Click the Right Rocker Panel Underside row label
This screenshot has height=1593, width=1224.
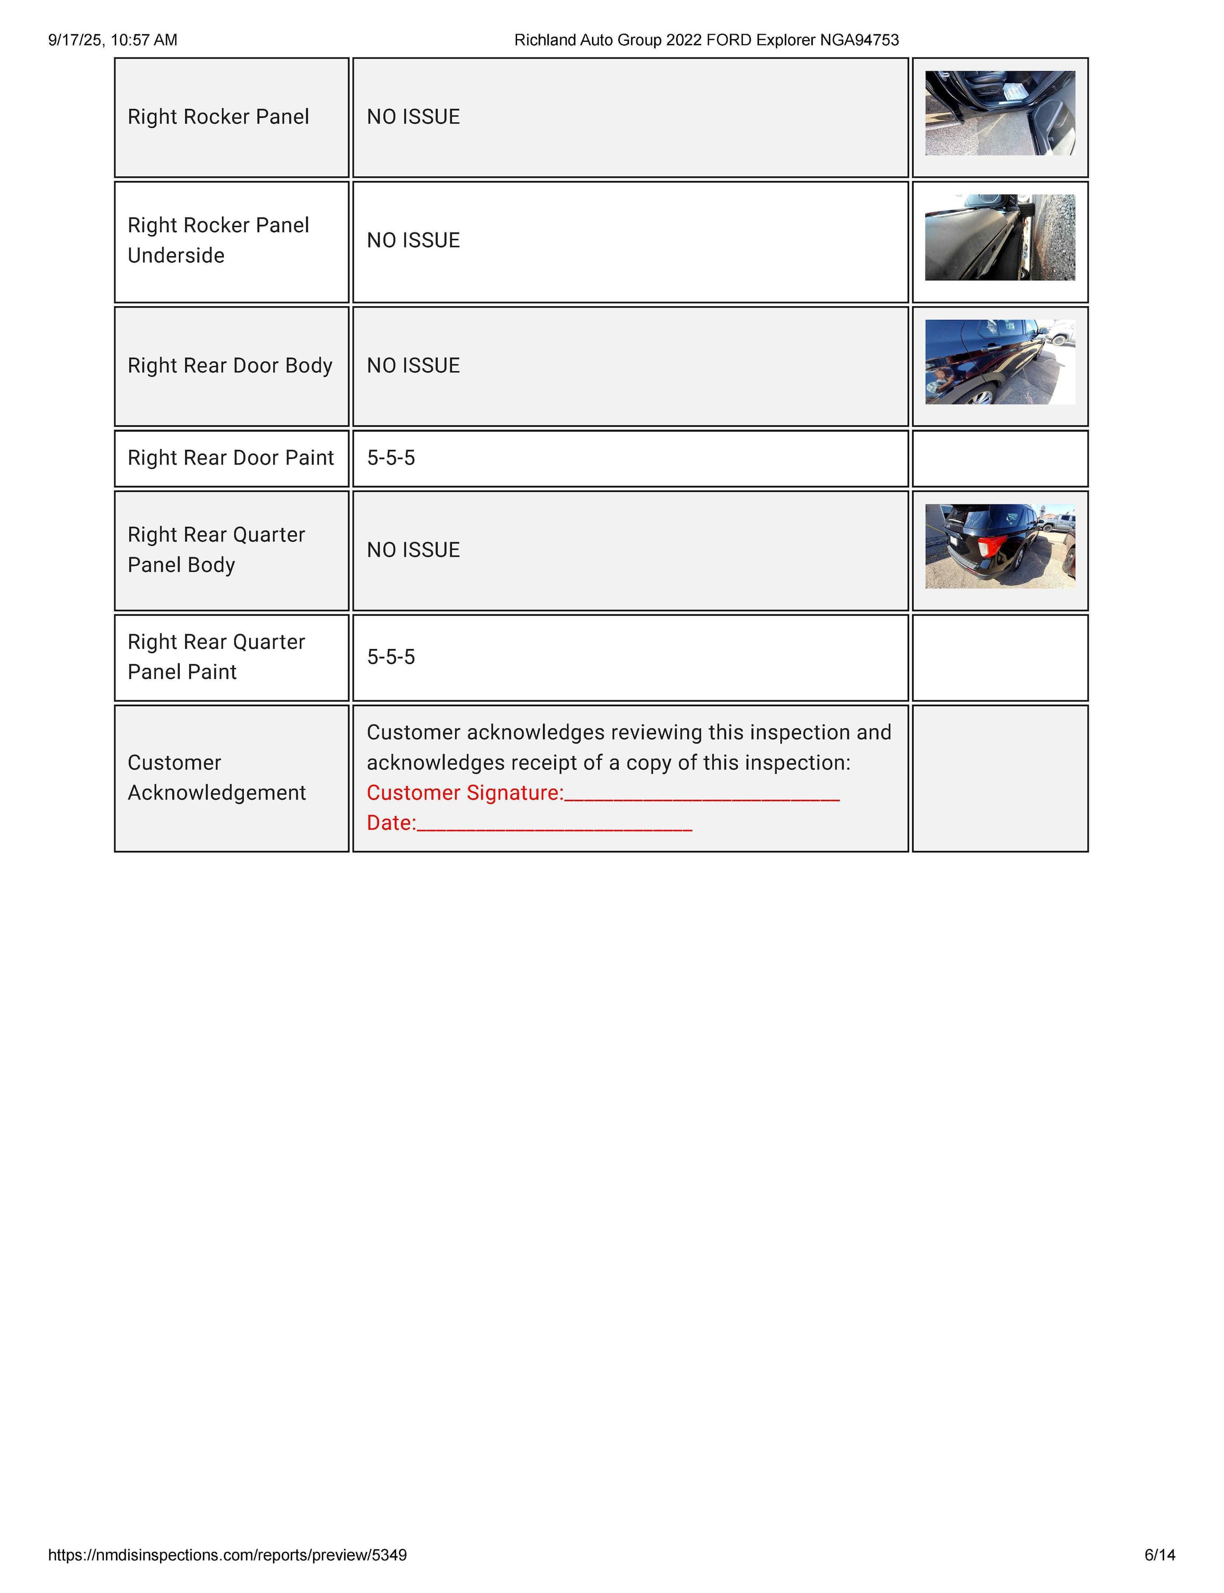point(218,240)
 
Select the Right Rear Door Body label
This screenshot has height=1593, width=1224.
point(230,365)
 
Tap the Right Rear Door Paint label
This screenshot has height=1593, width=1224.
point(230,458)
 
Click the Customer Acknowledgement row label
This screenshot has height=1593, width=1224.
point(216,777)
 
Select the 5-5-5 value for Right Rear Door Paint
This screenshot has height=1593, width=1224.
point(391,458)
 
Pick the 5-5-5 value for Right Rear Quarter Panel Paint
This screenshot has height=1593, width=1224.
point(391,657)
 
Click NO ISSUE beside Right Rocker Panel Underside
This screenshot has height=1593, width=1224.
point(413,241)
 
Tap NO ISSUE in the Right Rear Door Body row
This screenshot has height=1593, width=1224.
point(413,365)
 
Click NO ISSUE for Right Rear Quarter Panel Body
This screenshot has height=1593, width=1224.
point(413,550)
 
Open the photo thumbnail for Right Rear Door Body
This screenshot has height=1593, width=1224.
point(1000,362)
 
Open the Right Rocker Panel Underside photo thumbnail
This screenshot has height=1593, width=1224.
point(1000,238)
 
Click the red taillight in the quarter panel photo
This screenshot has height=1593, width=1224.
point(992,546)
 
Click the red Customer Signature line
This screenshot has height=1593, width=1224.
point(701,795)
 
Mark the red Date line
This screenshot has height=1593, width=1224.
point(554,824)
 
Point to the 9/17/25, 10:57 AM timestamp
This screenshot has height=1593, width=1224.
point(113,40)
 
